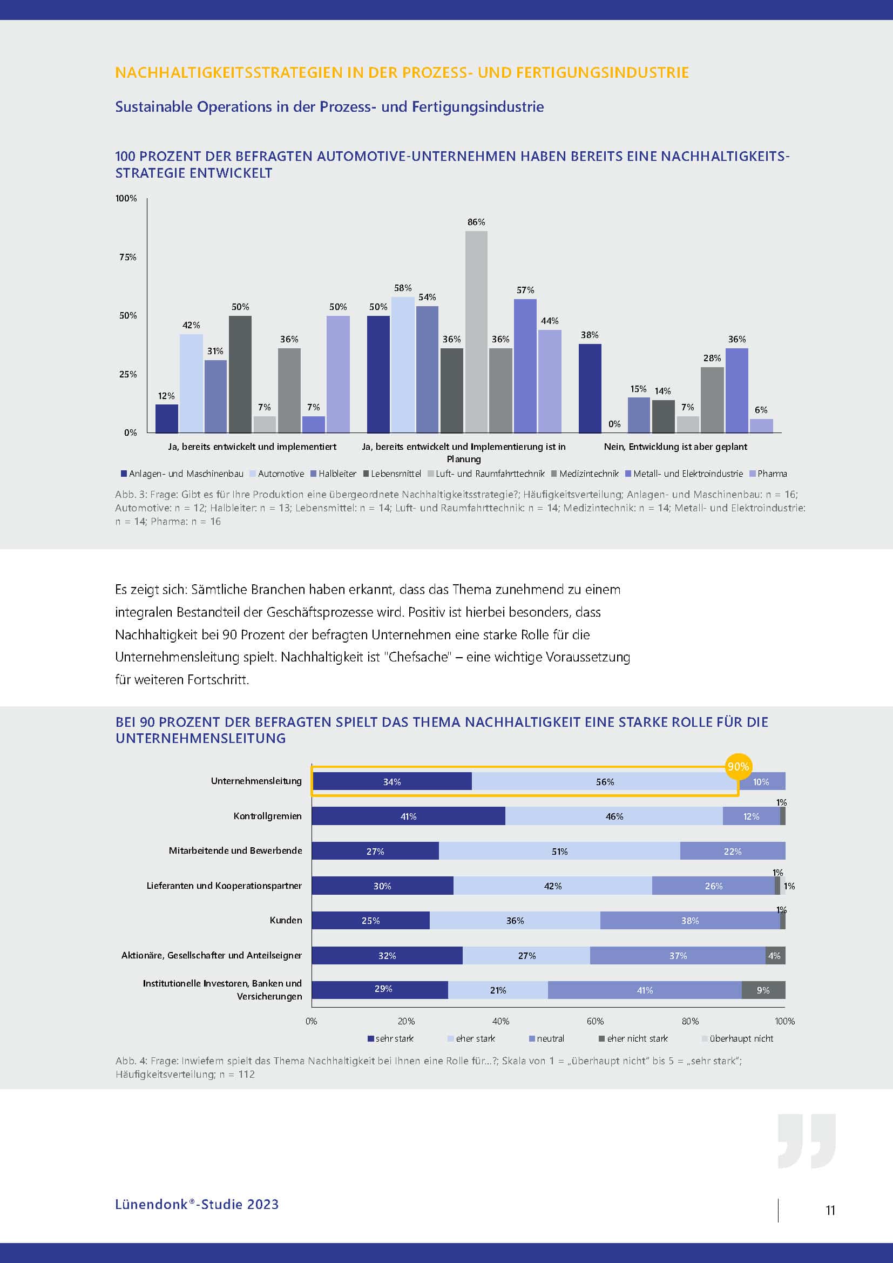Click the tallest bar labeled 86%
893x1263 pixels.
coord(476,332)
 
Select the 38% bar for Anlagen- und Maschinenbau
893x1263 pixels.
coord(590,388)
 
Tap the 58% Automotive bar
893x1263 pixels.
coord(403,364)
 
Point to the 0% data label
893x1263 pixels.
coord(614,424)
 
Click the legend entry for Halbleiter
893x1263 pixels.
coord(334,474)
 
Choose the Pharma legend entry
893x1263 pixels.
coord(768,474)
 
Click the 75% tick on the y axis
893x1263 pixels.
coord(127,257)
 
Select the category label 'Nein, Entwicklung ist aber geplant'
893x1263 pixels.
coord(675,447)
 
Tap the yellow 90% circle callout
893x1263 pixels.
coord(738,766)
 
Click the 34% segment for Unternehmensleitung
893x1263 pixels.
coord(391,782)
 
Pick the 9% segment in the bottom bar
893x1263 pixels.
coord(763,990)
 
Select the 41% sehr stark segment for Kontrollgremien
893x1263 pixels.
coord(408,816)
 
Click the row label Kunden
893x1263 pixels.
coord(286,920)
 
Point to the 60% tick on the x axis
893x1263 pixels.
coord(595,1021)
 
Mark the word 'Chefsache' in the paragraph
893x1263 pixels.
coord(420,657)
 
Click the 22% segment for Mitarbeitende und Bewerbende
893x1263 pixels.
coord(733,851)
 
